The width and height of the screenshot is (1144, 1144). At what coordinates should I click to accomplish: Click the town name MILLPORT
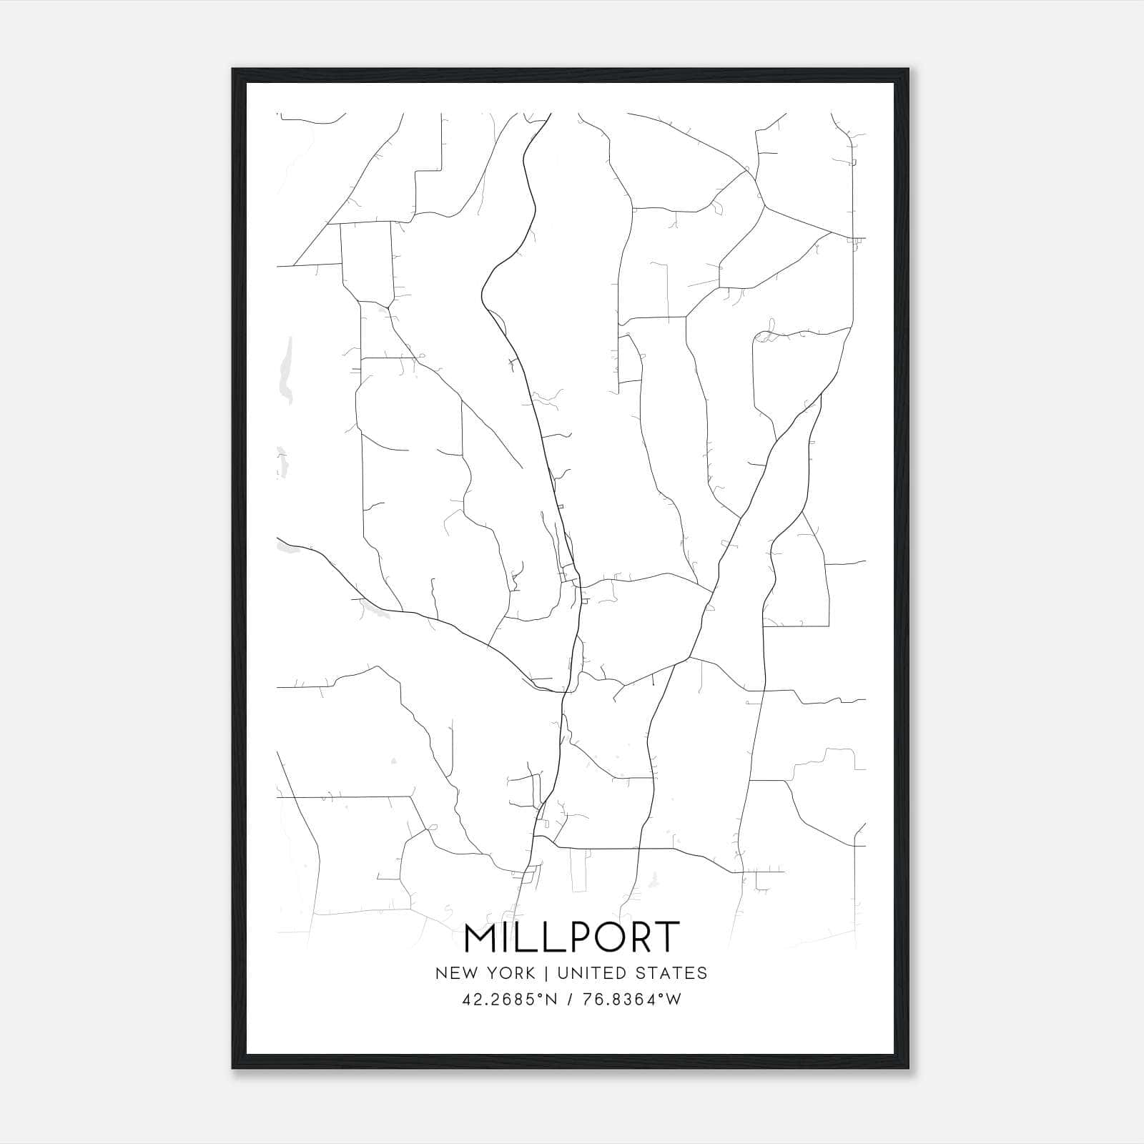571,937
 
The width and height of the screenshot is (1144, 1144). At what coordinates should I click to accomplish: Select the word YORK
508,973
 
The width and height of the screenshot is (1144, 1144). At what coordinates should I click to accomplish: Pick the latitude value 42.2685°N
508,1000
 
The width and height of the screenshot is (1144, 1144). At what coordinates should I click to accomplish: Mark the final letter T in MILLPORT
665,937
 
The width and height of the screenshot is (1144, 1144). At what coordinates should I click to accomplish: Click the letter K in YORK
530,973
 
